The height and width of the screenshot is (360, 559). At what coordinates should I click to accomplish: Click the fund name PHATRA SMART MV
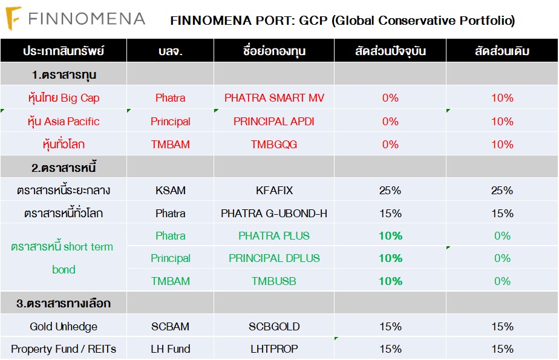[x=274, y=98]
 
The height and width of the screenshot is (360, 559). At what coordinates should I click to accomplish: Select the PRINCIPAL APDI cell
[x=274, y=121]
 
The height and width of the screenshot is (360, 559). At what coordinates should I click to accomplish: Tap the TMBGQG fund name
[x=274, y=144]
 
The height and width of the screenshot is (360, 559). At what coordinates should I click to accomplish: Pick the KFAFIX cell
[x=274, y=191]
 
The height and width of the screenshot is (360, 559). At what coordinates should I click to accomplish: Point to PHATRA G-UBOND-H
[x=274, y=213]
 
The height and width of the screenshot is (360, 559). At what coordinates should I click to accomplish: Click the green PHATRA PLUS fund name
[x=274, y=235]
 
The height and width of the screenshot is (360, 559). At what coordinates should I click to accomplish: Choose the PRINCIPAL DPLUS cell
[x=274, y=258]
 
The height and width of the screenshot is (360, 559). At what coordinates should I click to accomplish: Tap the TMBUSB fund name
[x=274, y=281]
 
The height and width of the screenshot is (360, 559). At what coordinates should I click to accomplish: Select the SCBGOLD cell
[x=274, y=327]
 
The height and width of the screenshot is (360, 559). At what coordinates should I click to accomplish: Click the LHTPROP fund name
[x=274, y=349]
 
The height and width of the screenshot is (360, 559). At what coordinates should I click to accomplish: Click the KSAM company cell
[x=170, y=191]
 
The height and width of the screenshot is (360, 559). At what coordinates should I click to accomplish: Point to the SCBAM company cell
[x=170, y=327]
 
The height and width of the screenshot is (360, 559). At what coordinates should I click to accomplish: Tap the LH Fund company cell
[x=170, y=349]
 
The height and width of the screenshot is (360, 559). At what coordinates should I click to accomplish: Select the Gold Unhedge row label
[x=64, y=327]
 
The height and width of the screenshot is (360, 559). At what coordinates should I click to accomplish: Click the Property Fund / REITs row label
[x=64, y=349]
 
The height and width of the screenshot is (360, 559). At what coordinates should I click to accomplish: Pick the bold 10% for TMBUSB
[x=390, y=281]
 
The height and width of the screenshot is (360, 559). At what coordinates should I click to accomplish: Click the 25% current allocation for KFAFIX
[x=390, y=191]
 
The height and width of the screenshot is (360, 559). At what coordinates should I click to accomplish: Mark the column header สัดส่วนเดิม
[x=502, y=51]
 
